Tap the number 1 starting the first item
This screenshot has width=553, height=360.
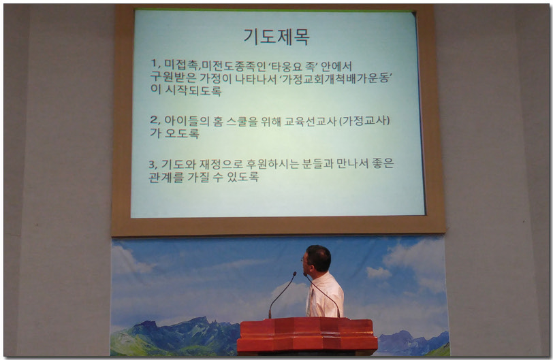[154, 64]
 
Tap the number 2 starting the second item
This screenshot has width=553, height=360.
[153, 120]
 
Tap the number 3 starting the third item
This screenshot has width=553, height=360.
[153, 164]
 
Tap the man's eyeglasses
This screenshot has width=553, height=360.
[304, 259]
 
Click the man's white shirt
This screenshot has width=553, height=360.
[326, 296]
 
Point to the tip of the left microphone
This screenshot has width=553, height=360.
[295, 274]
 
